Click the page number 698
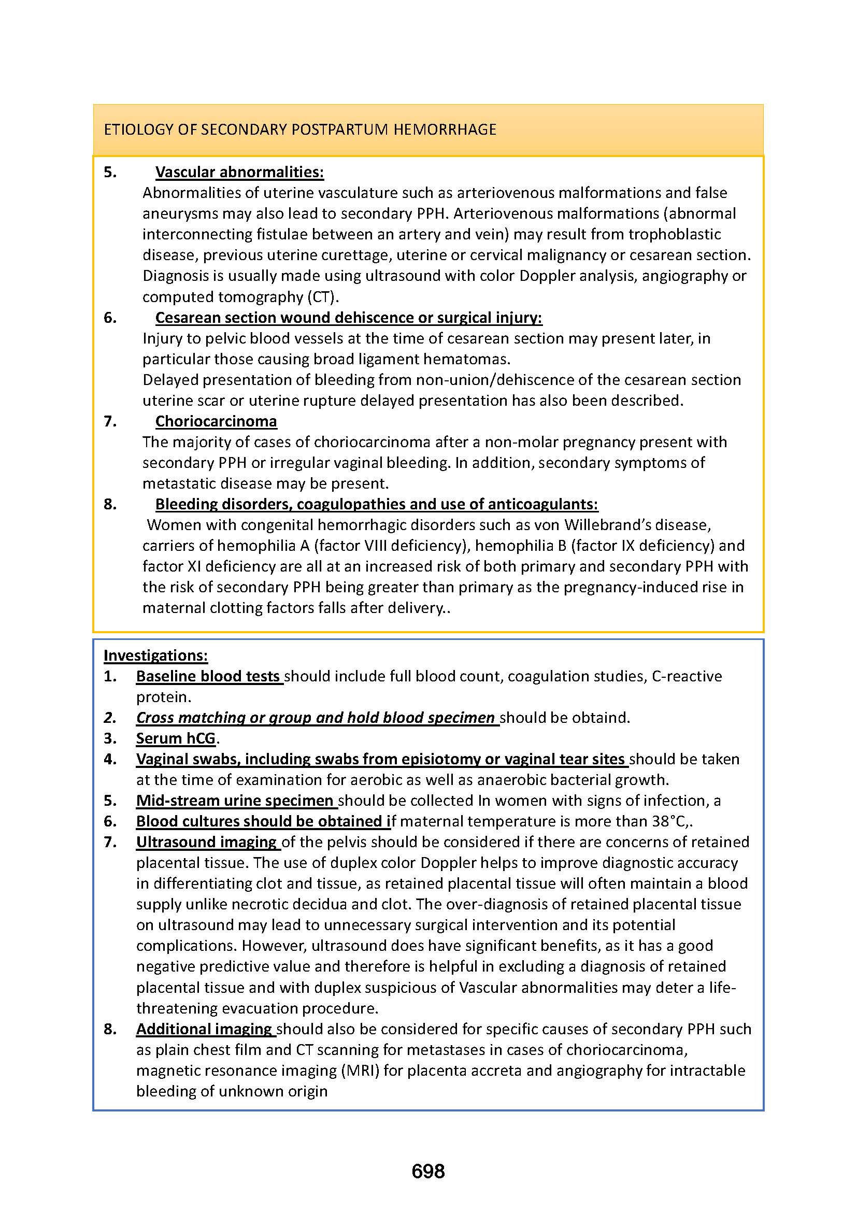[x=428, y=1172]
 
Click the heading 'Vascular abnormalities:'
[x=239, y=172]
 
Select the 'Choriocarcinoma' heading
[x=216, y=421]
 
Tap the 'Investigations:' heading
[x=155, y=655]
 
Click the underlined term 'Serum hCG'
[x=176, y=738]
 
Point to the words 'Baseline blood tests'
[x=208, y=676]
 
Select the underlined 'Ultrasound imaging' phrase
[x=207, y=842]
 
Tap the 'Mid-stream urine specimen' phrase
[x=235, y=801]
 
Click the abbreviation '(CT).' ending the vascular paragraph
[x=323, y=297]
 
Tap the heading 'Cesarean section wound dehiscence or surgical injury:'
[x=348, y=318]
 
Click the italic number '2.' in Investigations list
[x=110, y=718]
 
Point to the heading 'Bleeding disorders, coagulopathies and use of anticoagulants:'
[x=376, y=505]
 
